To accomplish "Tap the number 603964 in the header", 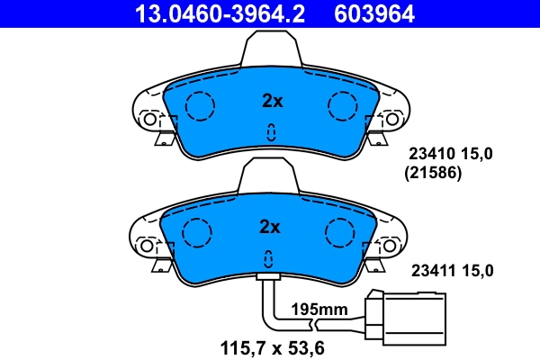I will pos(376,13).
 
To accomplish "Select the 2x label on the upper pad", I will pos(272,102).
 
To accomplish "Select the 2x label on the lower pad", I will pos(272,226).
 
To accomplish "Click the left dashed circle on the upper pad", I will pos(200,107).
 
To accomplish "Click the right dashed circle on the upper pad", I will pos(344,107).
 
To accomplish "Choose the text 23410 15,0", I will pos(452,154).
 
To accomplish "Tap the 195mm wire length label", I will pos(319,309).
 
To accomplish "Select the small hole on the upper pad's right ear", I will pos(392,118).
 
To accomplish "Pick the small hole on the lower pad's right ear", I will pos(392,244).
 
